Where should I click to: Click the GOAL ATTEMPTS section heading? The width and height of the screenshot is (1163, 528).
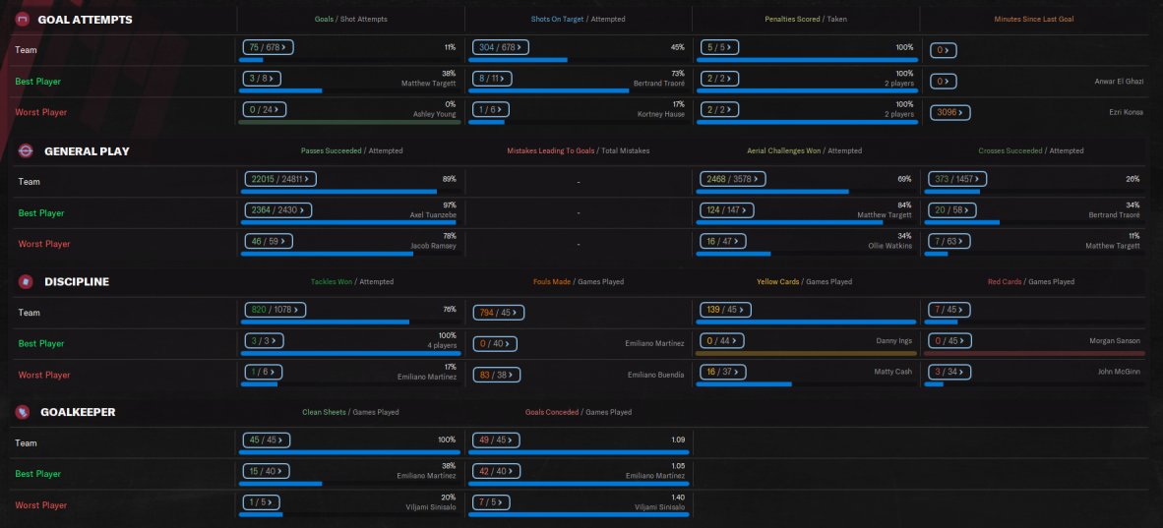[x=85, y=20]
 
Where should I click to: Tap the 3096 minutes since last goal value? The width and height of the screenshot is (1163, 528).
[x=950, y=112]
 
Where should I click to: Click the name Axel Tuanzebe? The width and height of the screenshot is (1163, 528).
[x=433, y=214]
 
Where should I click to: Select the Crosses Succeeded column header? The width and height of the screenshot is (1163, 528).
[x=1010, y=150]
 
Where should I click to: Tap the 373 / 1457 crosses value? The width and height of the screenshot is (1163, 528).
[x=957, y=179]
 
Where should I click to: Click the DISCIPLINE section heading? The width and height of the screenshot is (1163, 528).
[x=77, y=282]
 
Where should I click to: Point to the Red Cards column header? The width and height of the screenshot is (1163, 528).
[x=1006, y=282]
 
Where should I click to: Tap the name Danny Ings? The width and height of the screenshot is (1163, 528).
[x=892, y=341]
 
